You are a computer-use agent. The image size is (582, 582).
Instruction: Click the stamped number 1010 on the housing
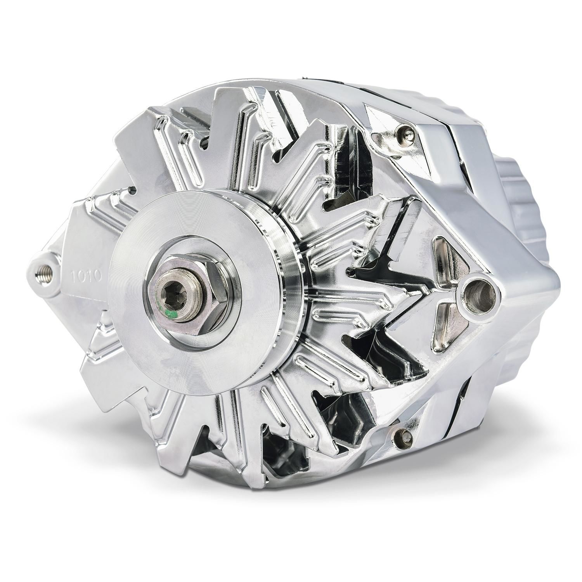pos(86,276)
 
